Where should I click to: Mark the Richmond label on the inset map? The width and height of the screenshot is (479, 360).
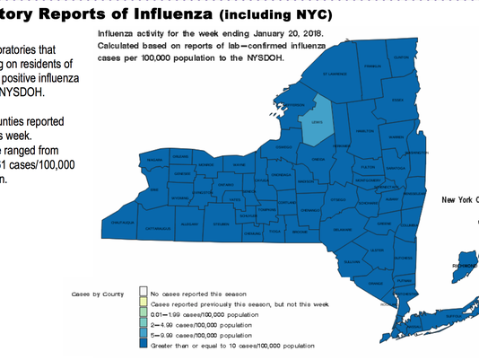[467, 266]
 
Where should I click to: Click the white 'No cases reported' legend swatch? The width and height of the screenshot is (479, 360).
[143, 293]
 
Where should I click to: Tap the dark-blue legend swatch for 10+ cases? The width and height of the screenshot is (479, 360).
[143, 345]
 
